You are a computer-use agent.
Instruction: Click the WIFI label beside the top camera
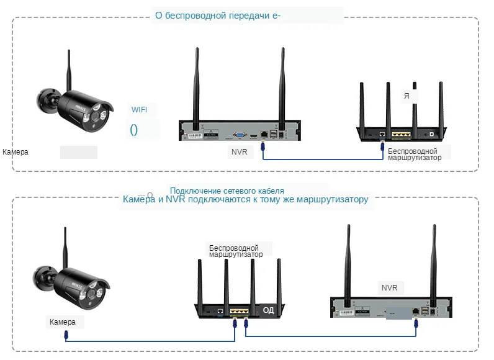click(140, 110)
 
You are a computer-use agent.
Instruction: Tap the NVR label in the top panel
click(238, 151)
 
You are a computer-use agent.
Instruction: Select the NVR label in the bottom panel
click(388, 288)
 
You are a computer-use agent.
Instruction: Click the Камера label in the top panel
click(16, 152)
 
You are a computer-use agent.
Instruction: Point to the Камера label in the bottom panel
click(63, 322)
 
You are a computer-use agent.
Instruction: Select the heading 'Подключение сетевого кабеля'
click(227, 191)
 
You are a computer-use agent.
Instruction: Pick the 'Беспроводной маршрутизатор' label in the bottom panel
click(235, 251)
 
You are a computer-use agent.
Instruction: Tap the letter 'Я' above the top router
click(406, 96)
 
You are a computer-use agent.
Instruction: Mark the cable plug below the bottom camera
click(66, 335)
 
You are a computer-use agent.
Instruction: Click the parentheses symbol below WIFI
click(133, 130)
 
